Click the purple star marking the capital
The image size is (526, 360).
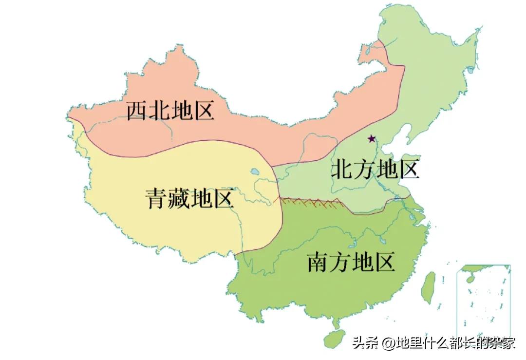click(x=372, y=139)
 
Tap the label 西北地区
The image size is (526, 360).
click(x=170, y=111)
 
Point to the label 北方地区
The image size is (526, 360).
click(x=375, y=170)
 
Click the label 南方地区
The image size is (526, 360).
click(x=351, y=263)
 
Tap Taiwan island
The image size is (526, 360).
click(x=428, y=286)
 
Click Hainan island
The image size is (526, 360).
click(x=335, y=338)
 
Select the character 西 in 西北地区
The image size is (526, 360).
click(x=137, y=111)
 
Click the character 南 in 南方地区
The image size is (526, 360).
click(x=318, y=263)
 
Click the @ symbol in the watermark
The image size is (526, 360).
click(x=389, y=343)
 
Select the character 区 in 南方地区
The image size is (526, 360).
click(x=384, y=263)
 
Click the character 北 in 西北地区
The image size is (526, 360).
click(x=159, y=111)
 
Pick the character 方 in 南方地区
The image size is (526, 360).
click(x=339, y=263)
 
